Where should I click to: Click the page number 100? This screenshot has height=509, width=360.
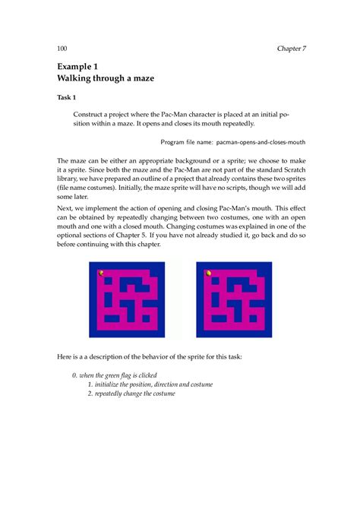tap(63, 49)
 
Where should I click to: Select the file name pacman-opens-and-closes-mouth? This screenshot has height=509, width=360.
tap(262, 141)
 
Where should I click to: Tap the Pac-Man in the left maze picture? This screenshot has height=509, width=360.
tap(101, 273)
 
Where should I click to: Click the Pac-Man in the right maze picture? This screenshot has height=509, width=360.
tap(208, 273)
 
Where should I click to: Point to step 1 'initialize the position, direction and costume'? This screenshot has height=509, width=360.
tap(150, 384)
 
